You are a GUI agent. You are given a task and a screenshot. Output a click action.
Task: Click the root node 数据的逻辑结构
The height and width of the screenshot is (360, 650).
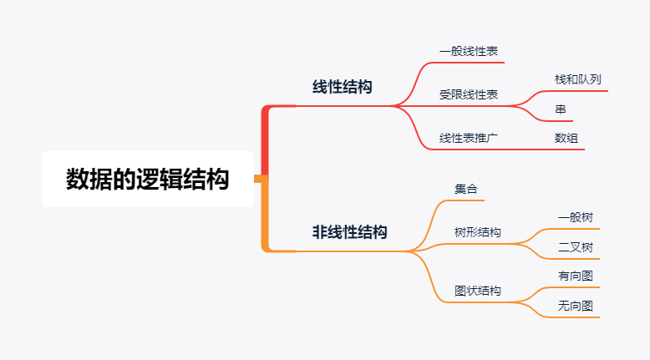[x=148, y=179]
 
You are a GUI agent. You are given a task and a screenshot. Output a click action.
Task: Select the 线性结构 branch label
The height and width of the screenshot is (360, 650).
[x=343, y=87]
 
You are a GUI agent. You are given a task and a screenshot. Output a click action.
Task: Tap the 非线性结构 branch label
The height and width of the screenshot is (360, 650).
[x=350, y=232]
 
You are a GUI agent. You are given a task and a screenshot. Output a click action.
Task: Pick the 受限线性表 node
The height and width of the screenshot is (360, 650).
[x=469, y=95]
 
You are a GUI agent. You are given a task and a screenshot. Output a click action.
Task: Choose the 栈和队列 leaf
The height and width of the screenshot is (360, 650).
[x=577, y=80]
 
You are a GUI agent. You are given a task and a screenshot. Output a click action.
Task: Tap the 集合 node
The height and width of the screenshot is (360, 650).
[x=466, y=190]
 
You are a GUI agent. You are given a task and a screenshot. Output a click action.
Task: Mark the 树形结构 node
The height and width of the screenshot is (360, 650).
[x=478, y=232]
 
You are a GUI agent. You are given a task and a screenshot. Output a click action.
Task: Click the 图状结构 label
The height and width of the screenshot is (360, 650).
[x=478, y=291]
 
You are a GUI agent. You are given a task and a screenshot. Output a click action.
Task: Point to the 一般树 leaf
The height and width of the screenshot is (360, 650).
[x=576, y=217]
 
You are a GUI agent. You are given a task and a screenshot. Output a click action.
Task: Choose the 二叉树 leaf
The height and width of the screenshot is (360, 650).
[x=576, y=247]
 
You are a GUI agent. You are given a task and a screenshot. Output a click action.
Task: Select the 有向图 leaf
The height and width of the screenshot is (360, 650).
[x=576, y=276]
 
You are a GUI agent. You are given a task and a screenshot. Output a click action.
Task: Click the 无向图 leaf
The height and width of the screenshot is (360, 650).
[x=576, y=306]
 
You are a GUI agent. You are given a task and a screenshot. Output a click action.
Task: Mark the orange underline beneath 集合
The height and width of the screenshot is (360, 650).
[x=468, y=200]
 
